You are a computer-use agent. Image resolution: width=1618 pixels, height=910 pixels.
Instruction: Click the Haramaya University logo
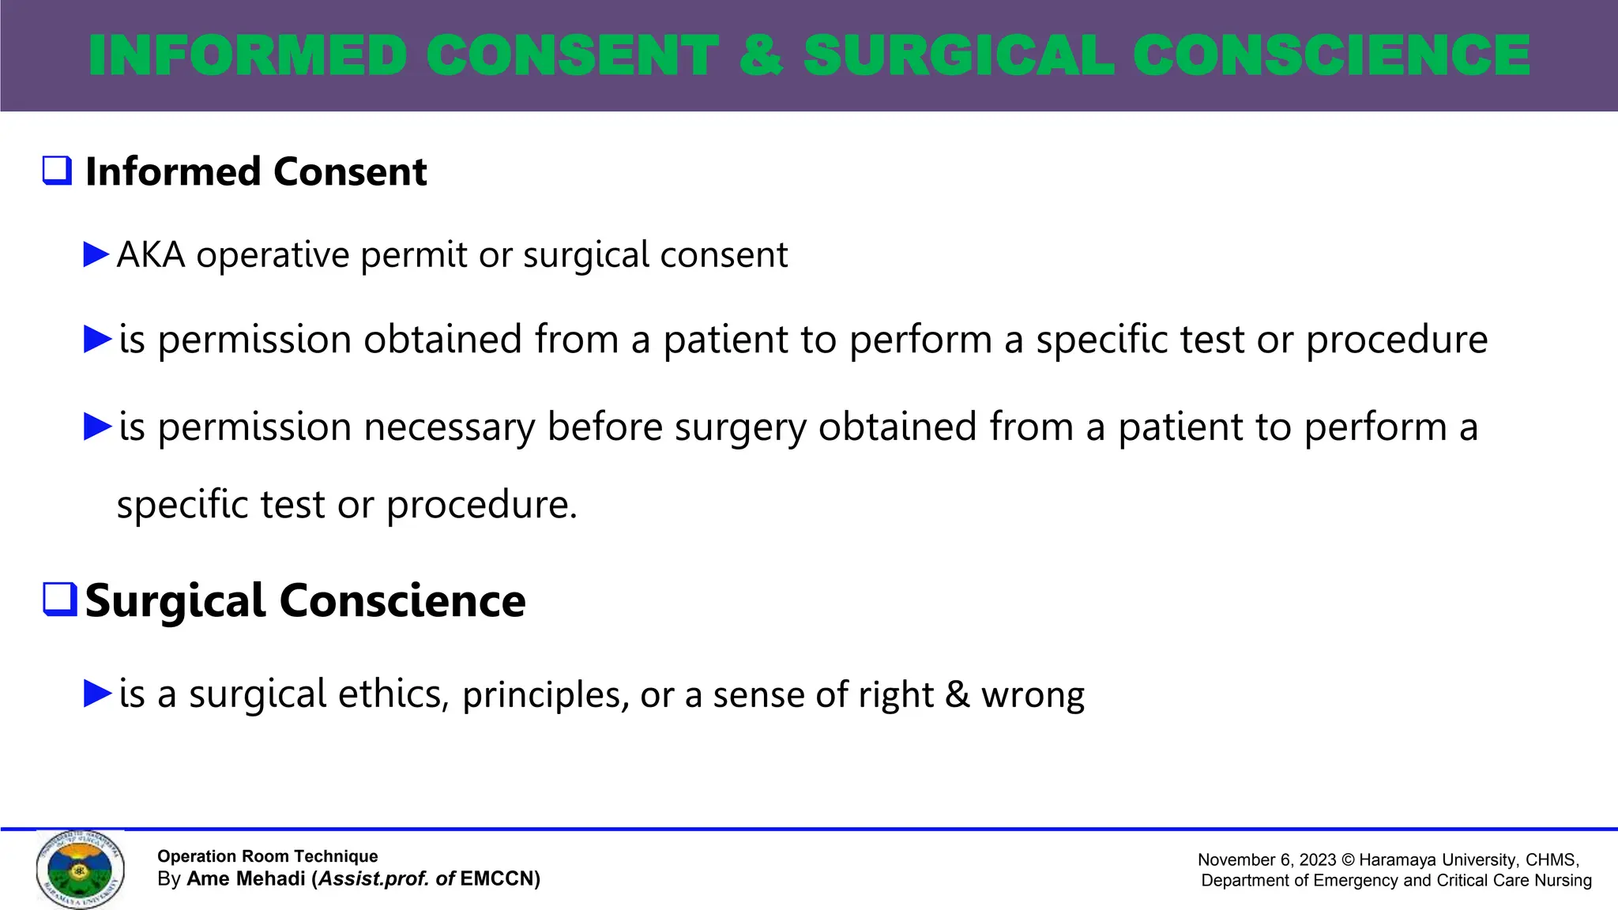[x=80, y=869]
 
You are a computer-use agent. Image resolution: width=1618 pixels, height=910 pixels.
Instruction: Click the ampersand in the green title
[x=761, y=55]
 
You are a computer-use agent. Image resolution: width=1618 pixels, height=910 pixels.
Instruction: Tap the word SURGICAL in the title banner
[x=958, y=55]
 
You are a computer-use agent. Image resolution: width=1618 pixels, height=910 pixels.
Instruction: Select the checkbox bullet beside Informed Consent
[x=57, y=171]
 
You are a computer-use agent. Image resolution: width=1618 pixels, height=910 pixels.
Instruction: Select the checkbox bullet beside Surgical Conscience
[x=59, y=600]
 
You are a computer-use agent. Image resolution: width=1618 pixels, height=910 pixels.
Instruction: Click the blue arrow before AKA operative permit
[x=96, y=254]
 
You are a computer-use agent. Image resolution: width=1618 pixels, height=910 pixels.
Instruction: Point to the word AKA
[x=150, y=255]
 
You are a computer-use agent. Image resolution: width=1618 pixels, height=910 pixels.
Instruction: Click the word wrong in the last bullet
[x=1033, y=695]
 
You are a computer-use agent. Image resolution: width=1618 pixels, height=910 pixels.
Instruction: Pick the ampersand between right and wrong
[x=957, y=694]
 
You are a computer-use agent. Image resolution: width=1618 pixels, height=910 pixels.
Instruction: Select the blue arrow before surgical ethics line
[x=97, y=694]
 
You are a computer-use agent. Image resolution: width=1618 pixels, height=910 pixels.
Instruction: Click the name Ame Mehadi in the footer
[x=246, y=879]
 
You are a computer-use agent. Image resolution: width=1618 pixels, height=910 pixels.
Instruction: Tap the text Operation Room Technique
[x=267, y=856]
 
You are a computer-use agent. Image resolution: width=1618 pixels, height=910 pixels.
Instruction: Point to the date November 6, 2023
[x=1266, y=859]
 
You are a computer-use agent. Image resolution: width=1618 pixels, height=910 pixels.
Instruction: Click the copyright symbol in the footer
[x=1348, y=859]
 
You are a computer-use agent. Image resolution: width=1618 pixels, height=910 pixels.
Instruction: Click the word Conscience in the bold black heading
[x=402, y=601]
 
